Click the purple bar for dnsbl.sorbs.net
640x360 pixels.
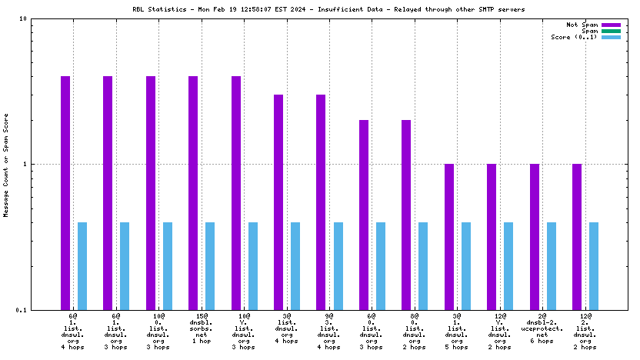click(x=193, y=192)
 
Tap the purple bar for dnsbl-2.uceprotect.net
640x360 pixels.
click(x=534, y=236)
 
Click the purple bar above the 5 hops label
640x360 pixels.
click(x=448, y=236)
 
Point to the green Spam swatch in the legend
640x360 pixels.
click(x=611, y=31)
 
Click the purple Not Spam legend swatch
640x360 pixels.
click(x=611, y=25)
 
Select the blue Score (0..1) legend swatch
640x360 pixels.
click(x=611, y=37)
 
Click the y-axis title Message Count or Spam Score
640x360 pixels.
click(x=6, y=165)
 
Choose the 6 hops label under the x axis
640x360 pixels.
click(x=542, y=341)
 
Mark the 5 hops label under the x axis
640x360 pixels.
click(x=457, y=347)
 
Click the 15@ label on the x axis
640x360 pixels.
click(x=202, y=316)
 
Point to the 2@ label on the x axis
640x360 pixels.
click(x=542, y=316)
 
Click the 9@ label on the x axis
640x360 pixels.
click(x=329, y=316)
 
